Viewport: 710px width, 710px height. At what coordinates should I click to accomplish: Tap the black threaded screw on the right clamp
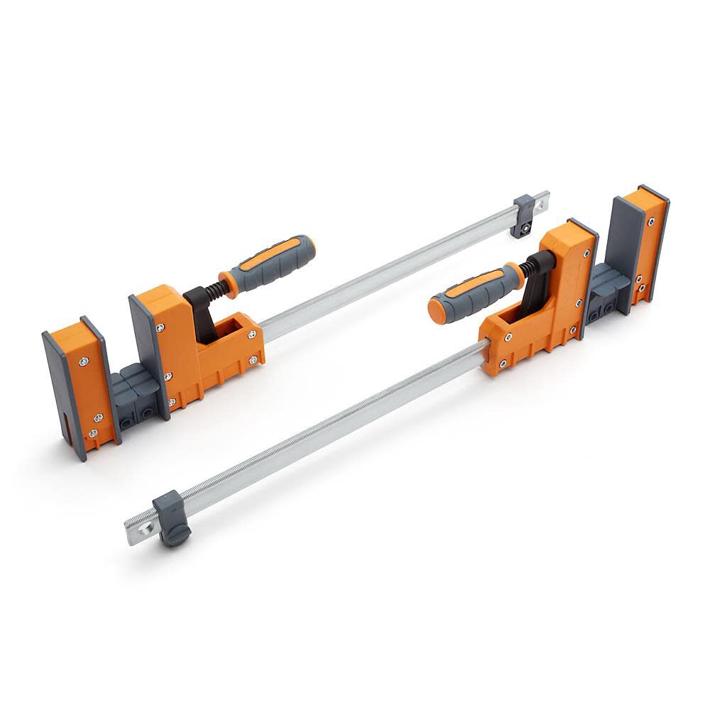point(529,268)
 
